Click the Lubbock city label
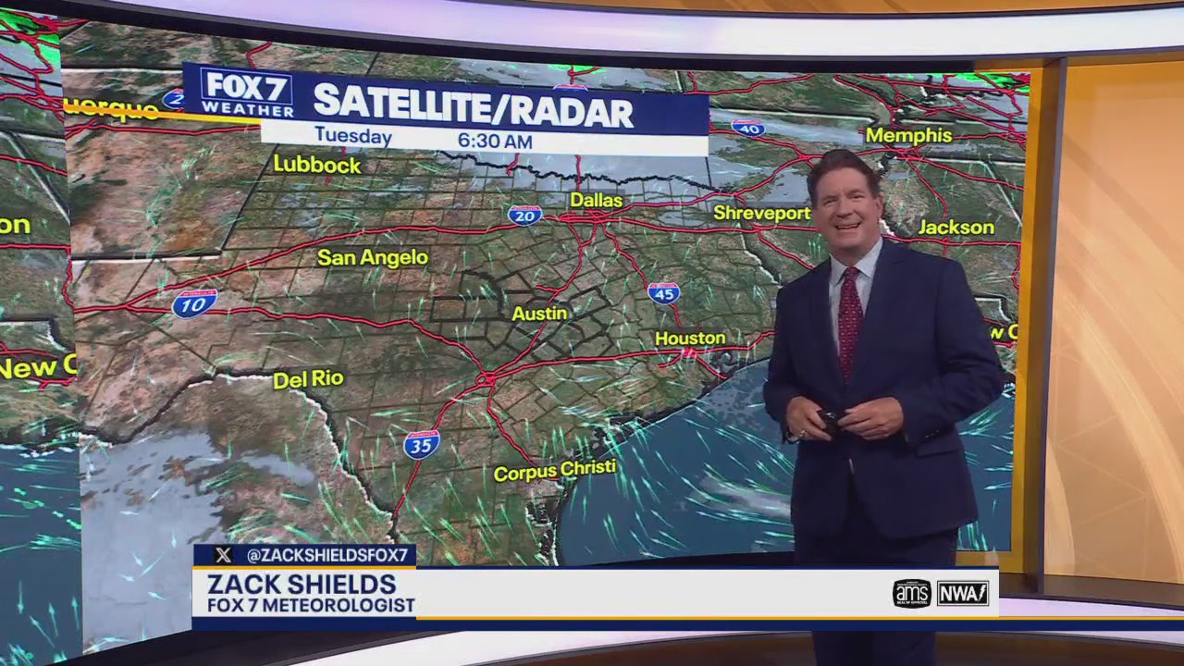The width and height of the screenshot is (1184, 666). pyautogui.click(x=316, y=165)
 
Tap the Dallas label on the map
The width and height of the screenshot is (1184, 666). pyautogui.click(x=596, y=200)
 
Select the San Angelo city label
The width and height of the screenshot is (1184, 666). pyautogui.click(x=373, y=257)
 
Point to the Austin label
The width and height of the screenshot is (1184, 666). pyautogui.click(x=539, y=314)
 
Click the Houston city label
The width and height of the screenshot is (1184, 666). pyautogui.click(x=690, y=339)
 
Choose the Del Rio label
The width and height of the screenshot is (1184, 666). pyautogui.click(x=308, y=378)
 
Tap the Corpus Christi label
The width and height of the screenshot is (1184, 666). pyautogui.click(x=554, y=471)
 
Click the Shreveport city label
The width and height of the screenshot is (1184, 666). pyautogui.click(x=761, y=214)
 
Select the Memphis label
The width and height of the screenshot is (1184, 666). pyautogui.click(x=908, y=135)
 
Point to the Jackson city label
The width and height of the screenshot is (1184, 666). pyautogui.click(x=956, y=227)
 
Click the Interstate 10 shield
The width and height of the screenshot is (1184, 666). pyautogui.click(x=194, y=303)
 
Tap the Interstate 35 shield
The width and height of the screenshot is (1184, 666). pyautogui.click(x=422, y=445)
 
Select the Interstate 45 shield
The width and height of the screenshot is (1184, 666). pyautogui.click(x=663, y=293)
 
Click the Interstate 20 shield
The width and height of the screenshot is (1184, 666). pyautogui.click(x=524, y=216)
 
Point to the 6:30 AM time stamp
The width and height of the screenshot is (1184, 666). pyautogui.click(x=495, y=142)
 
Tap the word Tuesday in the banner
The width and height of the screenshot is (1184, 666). pyautogui.click(x=352, y=137)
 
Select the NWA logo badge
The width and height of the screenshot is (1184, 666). pyautogui.click(x=963, y=593)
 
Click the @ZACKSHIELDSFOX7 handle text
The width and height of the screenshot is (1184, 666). pyautogui.click(x=327, y=555)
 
